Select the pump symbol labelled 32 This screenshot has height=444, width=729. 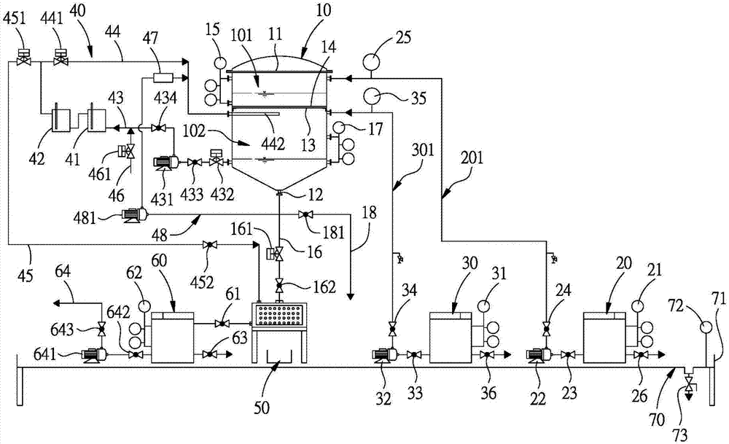[384, 355]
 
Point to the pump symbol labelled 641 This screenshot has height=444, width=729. [92, 355]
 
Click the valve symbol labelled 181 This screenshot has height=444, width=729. [307, 214]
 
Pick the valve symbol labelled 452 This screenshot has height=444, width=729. [211, 244]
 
